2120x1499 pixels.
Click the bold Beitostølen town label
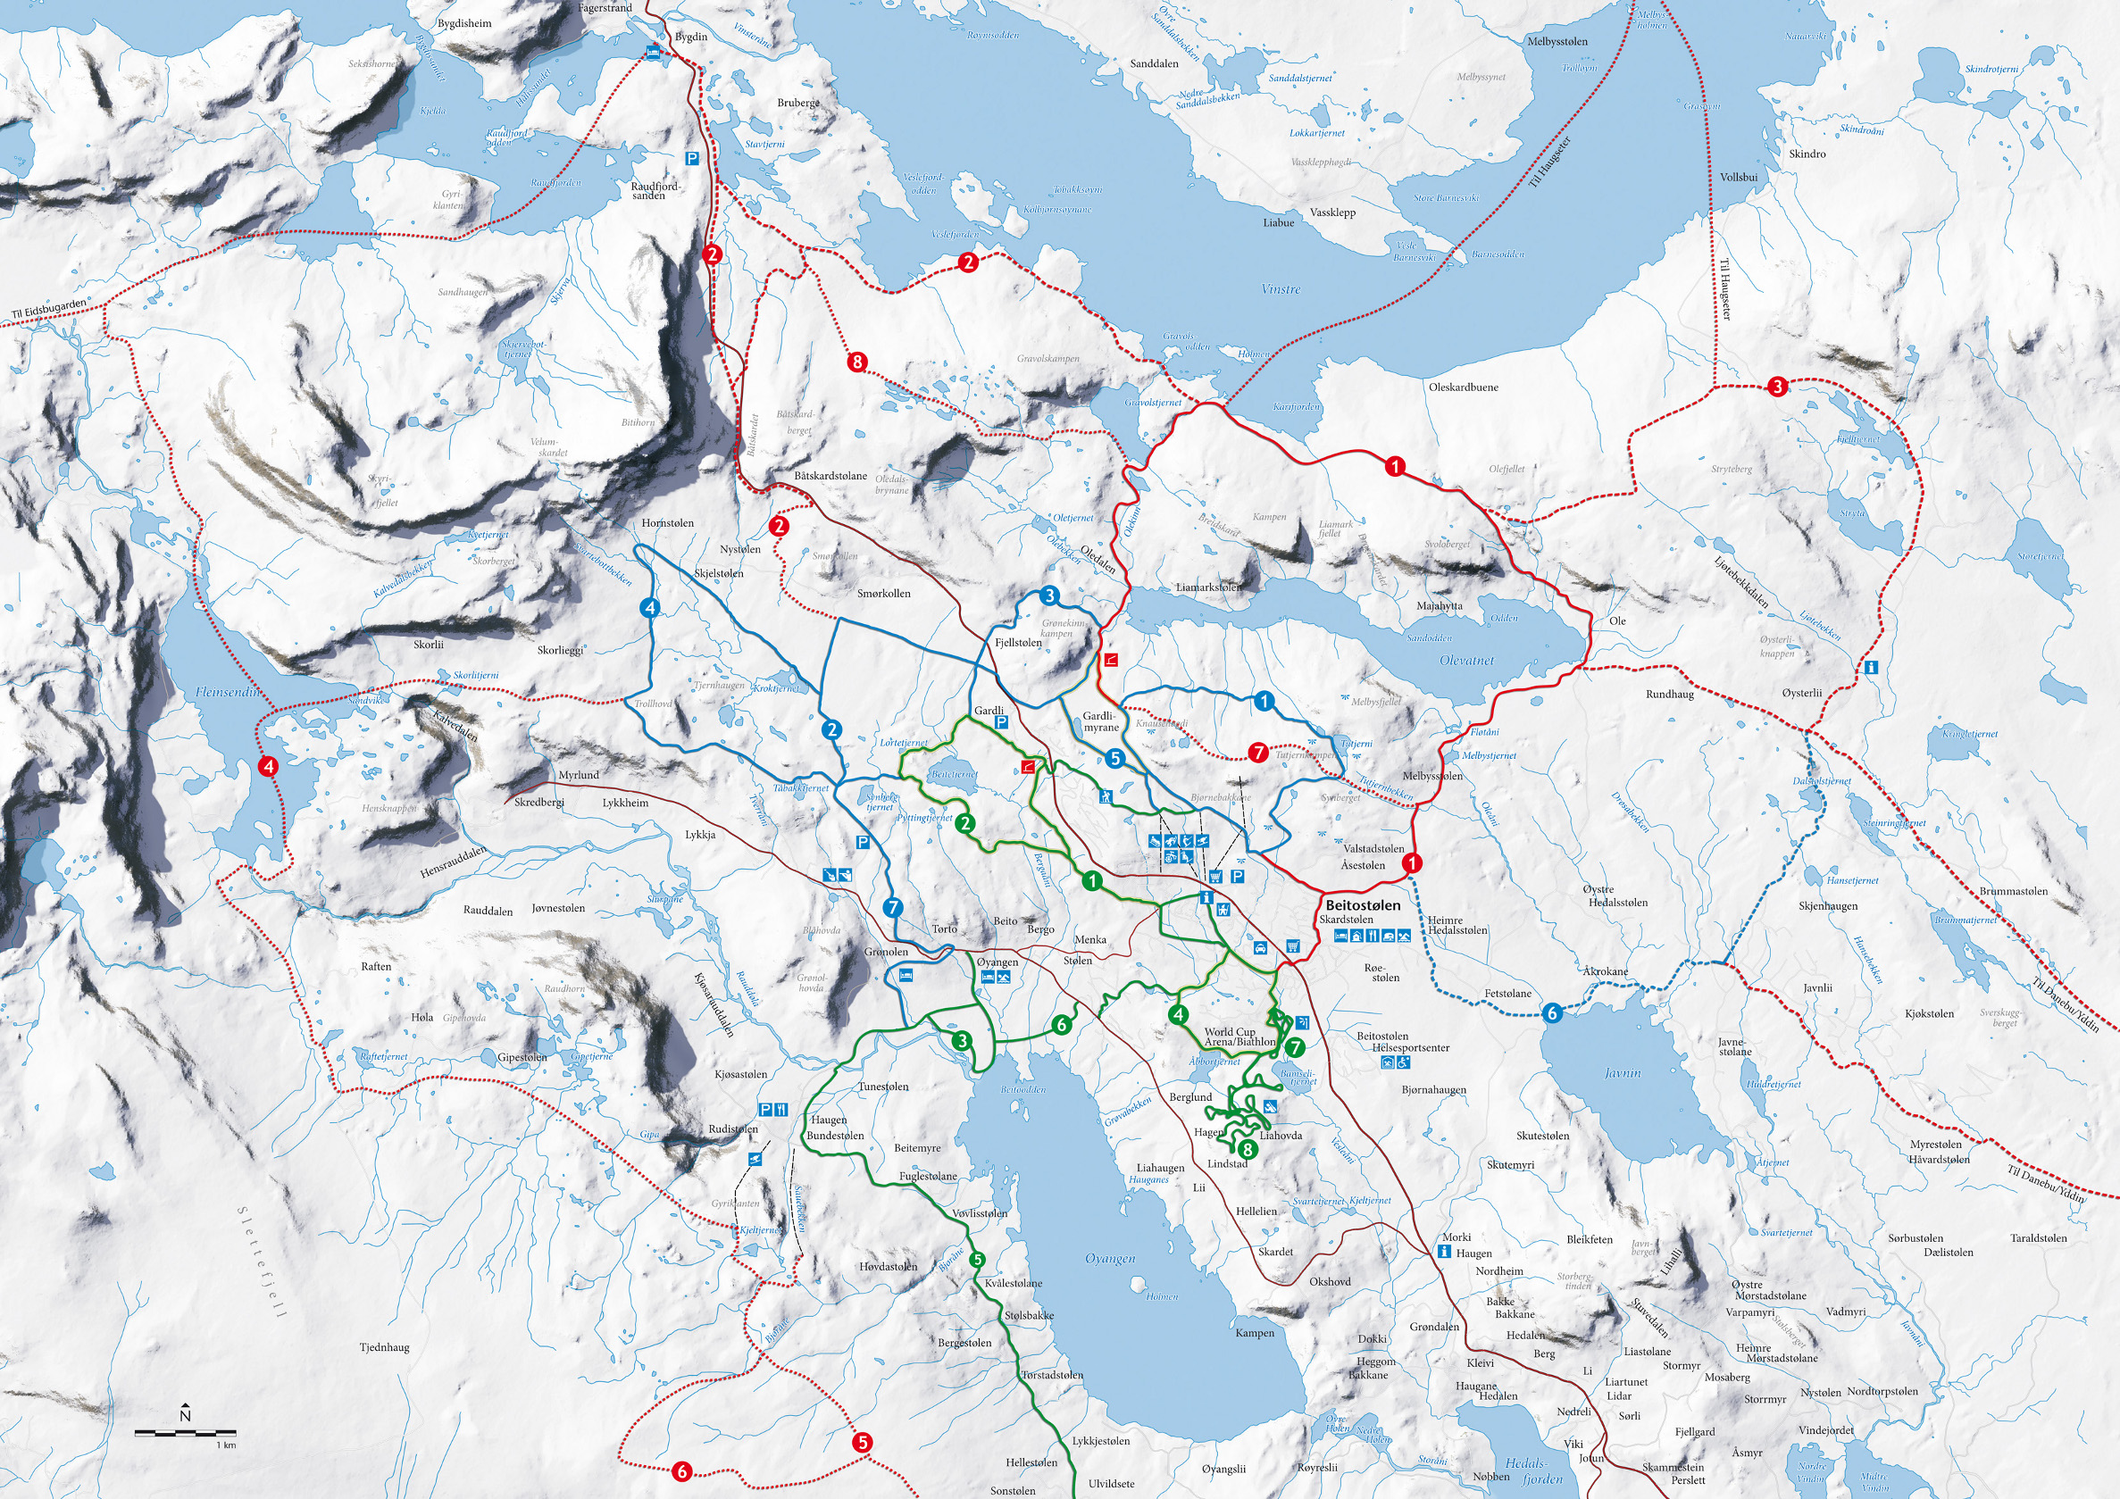click(x=1362, y=905)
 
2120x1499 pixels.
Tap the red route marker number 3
click(x=1776, y=387)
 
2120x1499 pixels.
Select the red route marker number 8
click(x=857, y=362)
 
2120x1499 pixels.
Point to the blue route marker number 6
click(x=1552, y=1013)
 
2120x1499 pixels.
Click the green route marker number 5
click(x=978, y=1260)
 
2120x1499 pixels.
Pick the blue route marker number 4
click(x=651, y=607)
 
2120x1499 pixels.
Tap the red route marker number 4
click(x=268, y=765)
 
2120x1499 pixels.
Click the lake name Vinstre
click(x=1280, y=289)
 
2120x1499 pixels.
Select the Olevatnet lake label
click(x=1466, y=661)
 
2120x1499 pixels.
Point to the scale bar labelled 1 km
click(x=185, y=1434)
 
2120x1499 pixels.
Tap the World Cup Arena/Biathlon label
click(x=1239, y=1037)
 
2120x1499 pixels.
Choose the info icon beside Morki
click(x=1445, y=1252)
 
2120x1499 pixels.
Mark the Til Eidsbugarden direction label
click(x=49, y=309)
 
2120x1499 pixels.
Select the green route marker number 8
click(x=1248, y=1149)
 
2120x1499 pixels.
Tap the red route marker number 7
click(x=1257, y=753)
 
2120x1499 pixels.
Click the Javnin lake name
click(x=1623, y=1072)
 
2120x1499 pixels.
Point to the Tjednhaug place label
click(x=384, y=1347)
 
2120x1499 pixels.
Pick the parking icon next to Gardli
click(x=1001, y=723)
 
